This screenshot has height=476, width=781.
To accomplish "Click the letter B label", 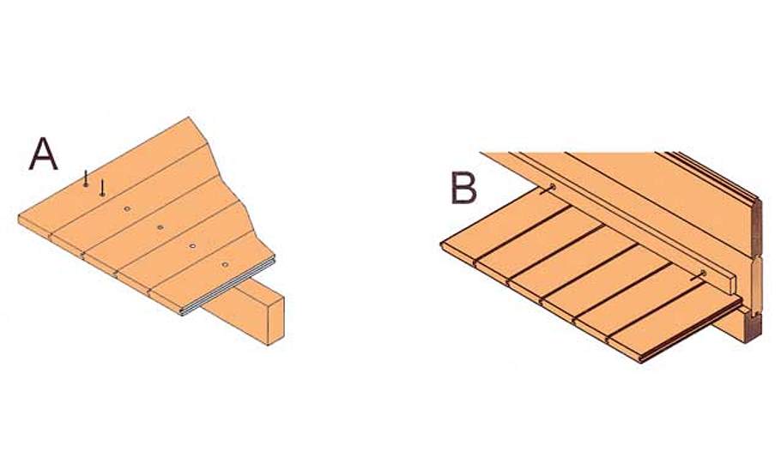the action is point(463,188).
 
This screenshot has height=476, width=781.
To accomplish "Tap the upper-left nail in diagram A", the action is point(86,178).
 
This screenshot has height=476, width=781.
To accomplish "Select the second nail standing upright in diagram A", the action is point(102,188).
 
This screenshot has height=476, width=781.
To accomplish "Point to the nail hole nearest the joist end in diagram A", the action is point(225,264).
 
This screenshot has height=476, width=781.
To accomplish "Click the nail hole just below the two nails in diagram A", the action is point(127,208).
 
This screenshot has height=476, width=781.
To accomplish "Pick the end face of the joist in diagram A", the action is point(276,319).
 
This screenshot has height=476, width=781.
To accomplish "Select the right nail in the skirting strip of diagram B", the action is point(701,274).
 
